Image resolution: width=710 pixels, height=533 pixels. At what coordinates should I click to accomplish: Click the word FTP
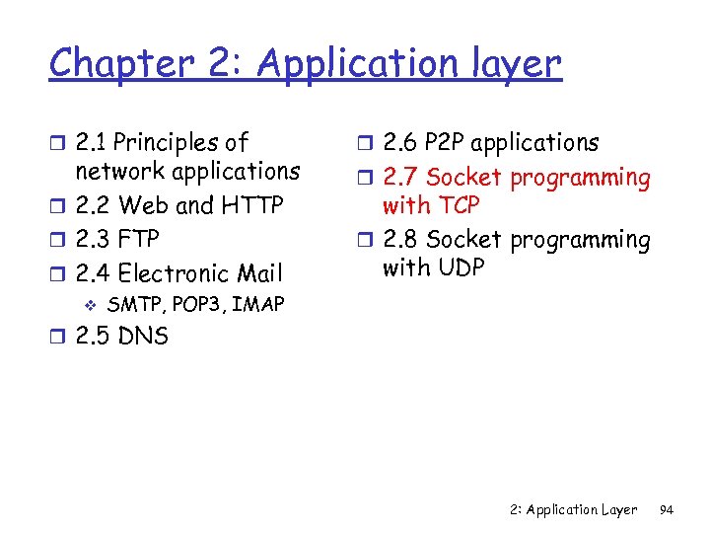[x=138, y=240]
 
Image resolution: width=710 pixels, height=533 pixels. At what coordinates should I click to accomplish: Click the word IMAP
[x=258, y=305]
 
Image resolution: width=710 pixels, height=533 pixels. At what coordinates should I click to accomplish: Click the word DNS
[x=143, y=337]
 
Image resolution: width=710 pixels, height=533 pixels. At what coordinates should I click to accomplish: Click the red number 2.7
[x=400, y=179]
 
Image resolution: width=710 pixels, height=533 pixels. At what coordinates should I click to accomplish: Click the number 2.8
[x=400, y=240]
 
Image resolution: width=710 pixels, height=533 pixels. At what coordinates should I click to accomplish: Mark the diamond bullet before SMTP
[x=90, y=305]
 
